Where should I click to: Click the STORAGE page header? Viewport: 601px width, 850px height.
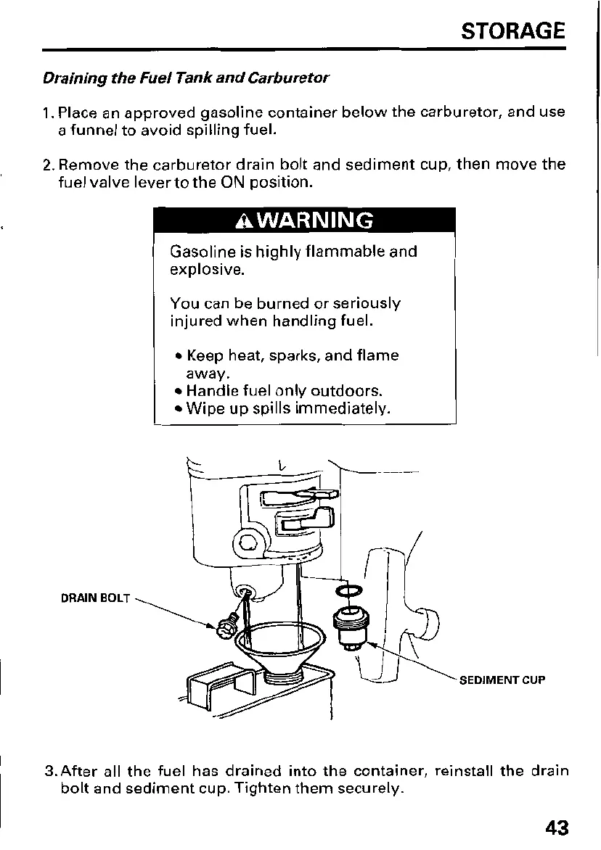512,31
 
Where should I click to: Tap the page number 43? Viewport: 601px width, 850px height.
553,828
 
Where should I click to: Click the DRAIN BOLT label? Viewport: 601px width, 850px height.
95,598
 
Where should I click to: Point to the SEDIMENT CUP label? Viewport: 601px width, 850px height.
502,680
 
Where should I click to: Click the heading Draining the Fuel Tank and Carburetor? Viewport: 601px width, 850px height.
186,77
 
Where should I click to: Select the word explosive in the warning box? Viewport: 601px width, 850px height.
207,271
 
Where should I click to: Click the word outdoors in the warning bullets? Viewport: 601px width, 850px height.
341,392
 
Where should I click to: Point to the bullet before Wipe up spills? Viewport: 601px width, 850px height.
178,409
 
